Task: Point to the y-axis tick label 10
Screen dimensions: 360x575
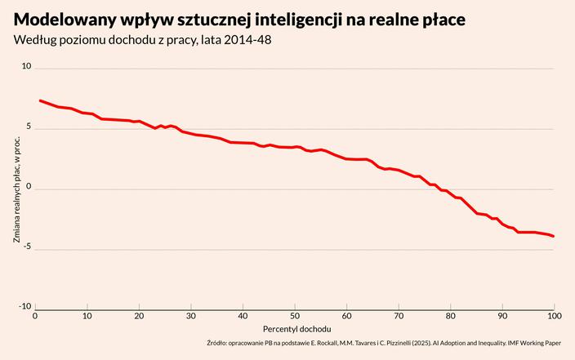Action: point(26,66)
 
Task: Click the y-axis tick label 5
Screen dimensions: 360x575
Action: point(29,127)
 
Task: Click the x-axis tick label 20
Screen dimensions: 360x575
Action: point(139,316)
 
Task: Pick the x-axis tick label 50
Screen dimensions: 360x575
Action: point(295,316)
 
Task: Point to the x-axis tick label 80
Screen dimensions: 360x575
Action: point(451,316)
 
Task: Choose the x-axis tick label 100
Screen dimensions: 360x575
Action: point(554,316)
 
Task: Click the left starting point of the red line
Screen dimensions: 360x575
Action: point(40,100)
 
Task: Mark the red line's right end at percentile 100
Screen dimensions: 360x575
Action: point(554,236)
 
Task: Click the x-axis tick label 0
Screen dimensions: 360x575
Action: point(35,316)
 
